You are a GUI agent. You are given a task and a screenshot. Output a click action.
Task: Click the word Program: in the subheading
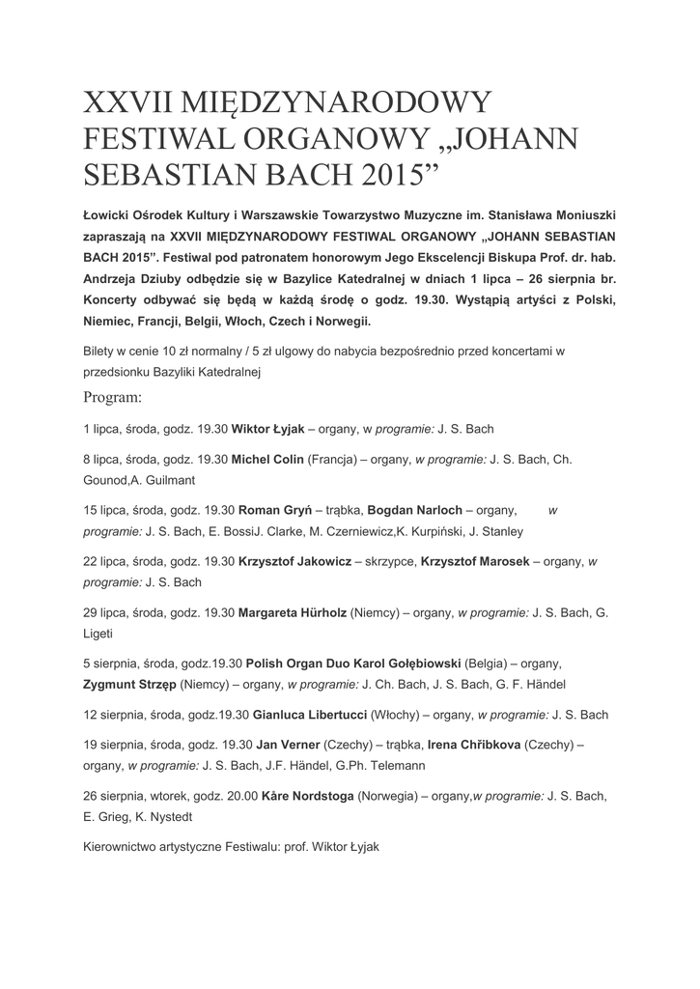(x=113, y=396)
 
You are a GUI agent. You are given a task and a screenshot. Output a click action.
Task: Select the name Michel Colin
(x=267, y=460)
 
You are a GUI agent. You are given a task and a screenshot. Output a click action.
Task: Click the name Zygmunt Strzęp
(x=135, y=685)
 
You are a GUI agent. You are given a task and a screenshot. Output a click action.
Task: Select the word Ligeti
(x=98, y=634)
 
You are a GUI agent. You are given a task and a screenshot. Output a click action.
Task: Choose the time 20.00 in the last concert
(x=241, y=797)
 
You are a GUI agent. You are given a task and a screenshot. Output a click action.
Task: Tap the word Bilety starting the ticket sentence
(x=100, y=352)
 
